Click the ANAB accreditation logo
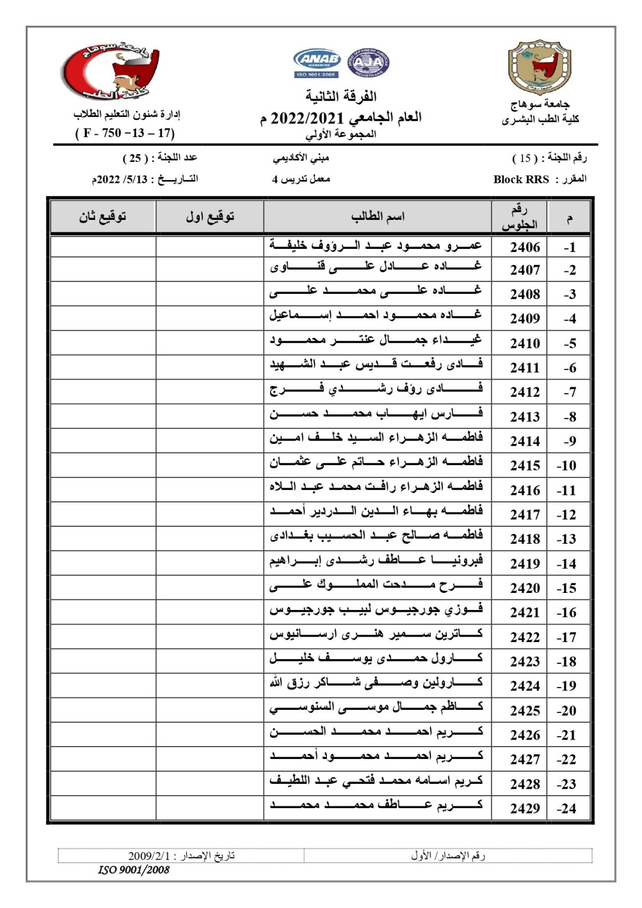point(317,62)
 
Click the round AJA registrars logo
point(368,63)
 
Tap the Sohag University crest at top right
point(539,67)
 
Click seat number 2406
point(525,247)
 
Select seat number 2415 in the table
point(525,466)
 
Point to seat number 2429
point(525,809)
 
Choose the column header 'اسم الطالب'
point(378,217)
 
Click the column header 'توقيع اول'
point(210,217)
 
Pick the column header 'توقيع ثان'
point(103,217)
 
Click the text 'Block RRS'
point(521,180)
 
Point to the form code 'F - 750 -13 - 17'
point(125,133)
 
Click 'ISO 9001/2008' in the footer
point(134,870)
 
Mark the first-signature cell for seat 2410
point(210,343)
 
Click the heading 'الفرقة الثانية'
point(341,96)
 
